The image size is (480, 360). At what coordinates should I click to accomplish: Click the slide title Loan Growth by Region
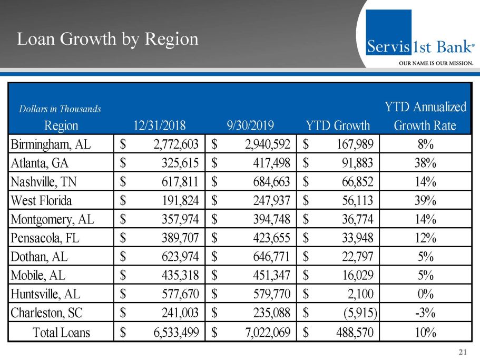(x=107, y=39)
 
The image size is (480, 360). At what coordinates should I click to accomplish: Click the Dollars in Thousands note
(x=60, y=109)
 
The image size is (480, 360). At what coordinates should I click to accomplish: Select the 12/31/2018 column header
(x=160, y=126)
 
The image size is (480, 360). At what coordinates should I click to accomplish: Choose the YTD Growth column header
(x=338, y=126)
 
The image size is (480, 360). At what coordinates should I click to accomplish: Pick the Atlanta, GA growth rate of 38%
(x=425, y=163)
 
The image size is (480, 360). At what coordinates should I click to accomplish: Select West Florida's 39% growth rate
(x=425, y=201)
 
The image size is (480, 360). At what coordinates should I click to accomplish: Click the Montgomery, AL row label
(x=53, y=219)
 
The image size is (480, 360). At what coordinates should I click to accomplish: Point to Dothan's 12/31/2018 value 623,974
(x=174, y=257)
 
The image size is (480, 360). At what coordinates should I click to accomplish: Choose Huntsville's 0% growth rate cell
(x=425, y=294)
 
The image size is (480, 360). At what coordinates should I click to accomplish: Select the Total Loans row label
(x=62, y=333)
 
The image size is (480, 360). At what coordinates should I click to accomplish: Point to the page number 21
(x=464, y=352)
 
